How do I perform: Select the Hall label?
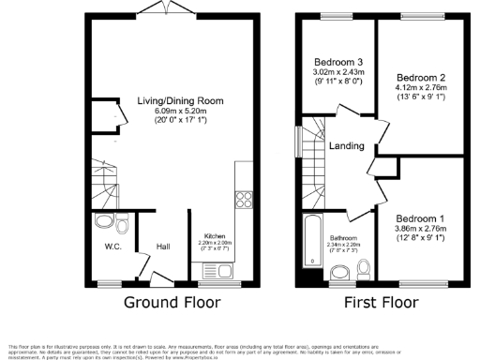click(163, 247)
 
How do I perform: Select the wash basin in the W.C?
click(102, 222)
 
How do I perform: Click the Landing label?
click(346, 145)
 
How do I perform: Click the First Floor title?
click(379, 303)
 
